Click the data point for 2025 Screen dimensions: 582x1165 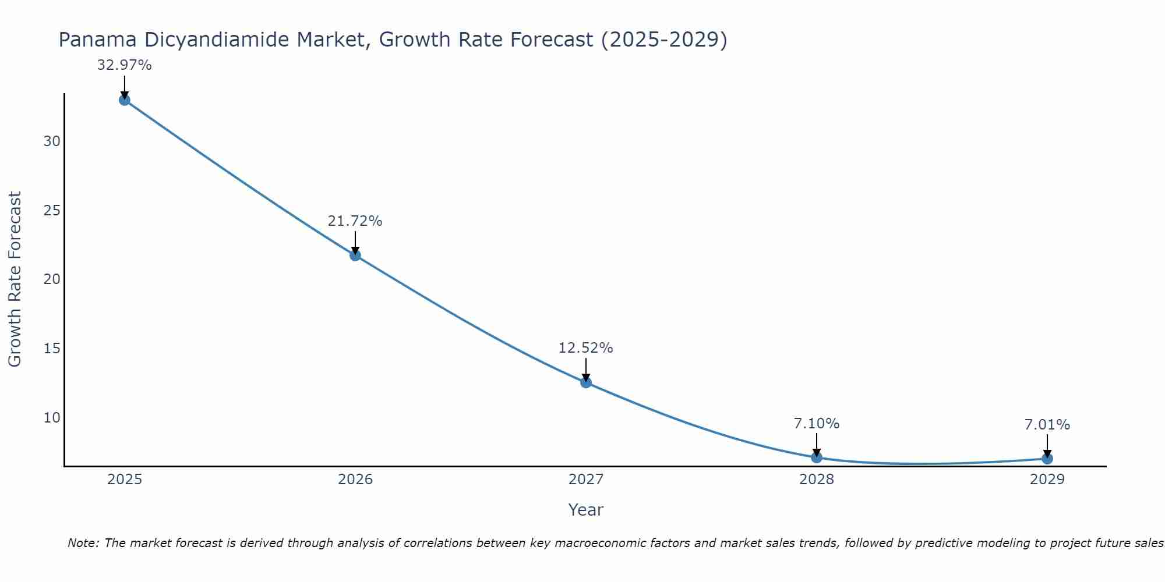tap(124, 100)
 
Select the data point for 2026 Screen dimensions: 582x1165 tap(355, 255)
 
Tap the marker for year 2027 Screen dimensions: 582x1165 tap(586, 382)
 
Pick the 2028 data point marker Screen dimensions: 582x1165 tap(817, 457)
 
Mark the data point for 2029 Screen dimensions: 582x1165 tap(1047, 459)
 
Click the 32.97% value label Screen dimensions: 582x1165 tap(124, 65)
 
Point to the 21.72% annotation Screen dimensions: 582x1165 tap(355, 221)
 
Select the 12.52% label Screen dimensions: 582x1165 tap(586, 348)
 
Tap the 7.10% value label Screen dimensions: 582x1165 tap(817, 424)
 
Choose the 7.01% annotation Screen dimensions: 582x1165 tap(1047, 425)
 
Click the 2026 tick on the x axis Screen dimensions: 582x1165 tap(355, 480)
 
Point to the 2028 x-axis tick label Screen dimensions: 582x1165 tap(817, 480)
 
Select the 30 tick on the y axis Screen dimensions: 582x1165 tap(52, 141)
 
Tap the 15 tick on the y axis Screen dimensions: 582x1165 tap(52, 349)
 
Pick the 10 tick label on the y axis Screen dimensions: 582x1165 tap(52, 418)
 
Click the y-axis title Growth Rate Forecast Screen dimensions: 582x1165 tap(15, 279)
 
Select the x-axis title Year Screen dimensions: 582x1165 tap(586, 510)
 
